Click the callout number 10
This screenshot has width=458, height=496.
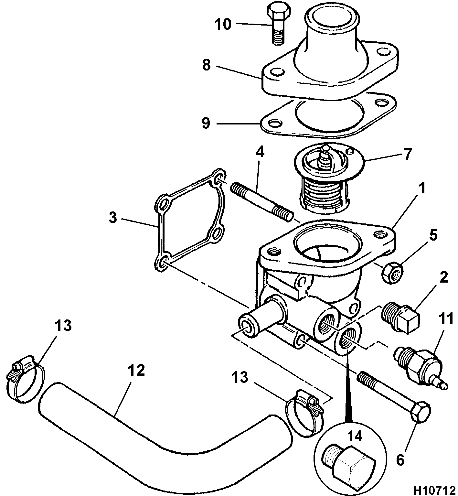click(x=223, y=24)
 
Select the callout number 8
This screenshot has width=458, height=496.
click(x=206, y=65)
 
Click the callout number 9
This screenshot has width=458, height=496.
click(x=206, y=123)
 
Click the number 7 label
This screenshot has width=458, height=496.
click(x=408, y=154)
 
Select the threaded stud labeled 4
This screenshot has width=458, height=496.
click(x=262, y=201)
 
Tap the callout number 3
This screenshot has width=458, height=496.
click(x=112, y=218)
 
